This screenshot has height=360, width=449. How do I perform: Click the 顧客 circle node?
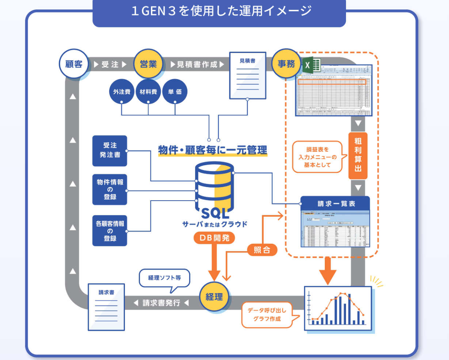74,64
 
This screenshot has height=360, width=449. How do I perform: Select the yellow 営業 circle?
148,64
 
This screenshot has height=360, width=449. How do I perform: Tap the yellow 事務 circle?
286,64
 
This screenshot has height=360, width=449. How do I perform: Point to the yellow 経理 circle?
214,296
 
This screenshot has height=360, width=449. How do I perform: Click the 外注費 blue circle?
122,92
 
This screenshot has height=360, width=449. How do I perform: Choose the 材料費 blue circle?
148,92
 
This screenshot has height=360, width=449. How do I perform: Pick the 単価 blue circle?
175,92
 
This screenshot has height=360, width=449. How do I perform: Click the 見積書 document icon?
248,76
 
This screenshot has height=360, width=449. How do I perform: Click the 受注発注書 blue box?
110,151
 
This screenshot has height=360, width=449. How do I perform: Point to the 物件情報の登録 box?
110,189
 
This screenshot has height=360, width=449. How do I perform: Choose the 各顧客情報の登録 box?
110,231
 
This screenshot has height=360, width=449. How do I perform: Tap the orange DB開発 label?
214,238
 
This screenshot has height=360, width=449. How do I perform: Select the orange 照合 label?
262,250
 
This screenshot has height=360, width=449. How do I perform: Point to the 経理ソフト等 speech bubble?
164,278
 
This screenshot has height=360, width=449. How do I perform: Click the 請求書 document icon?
106,307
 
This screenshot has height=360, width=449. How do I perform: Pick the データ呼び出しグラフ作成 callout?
267,315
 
